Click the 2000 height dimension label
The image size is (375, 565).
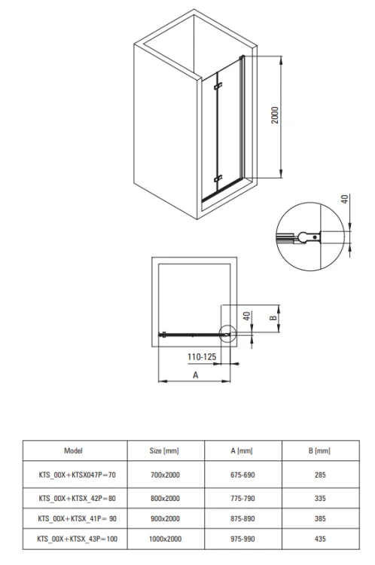pyautogui.click(x=275, y=115)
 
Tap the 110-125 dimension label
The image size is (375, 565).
pyautogui.click(x=202, y=357)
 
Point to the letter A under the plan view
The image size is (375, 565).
pyautogui.click(x=195, y=375)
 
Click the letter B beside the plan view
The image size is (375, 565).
pyautogui.click(x=273, y=318)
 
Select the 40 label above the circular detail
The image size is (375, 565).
pyautogui.click(x=345, y=199)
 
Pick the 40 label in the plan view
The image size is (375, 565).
pyautogui.click(x=246, y=316)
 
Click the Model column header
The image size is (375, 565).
pyautogui.click(x=73, y=450)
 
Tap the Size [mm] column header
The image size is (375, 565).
pyautogui.click(x=164, y=450)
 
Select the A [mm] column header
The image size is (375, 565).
pyautogui.click(x=242, y=450)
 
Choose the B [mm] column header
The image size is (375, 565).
pyautogui.click(x=319, y=450)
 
